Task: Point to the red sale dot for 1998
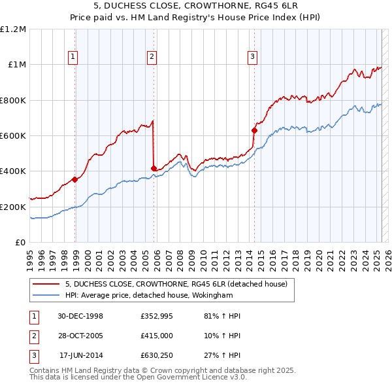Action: click(x=75, y=179)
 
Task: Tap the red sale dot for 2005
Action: click(x=154, y=169)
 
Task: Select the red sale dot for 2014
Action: click(x=254, y=130)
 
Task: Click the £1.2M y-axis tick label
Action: click(x=13, y=29)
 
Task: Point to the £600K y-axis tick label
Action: click(x=13, y=136)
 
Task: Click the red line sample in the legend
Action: click(x=47, y=283)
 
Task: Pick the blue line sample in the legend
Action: click(x=47, y=295)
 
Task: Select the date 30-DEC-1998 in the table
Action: click(x=80, y=315)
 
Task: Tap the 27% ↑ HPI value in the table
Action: click(x=223, y=355)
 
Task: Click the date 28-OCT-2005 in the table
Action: click(x=80, y=335)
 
